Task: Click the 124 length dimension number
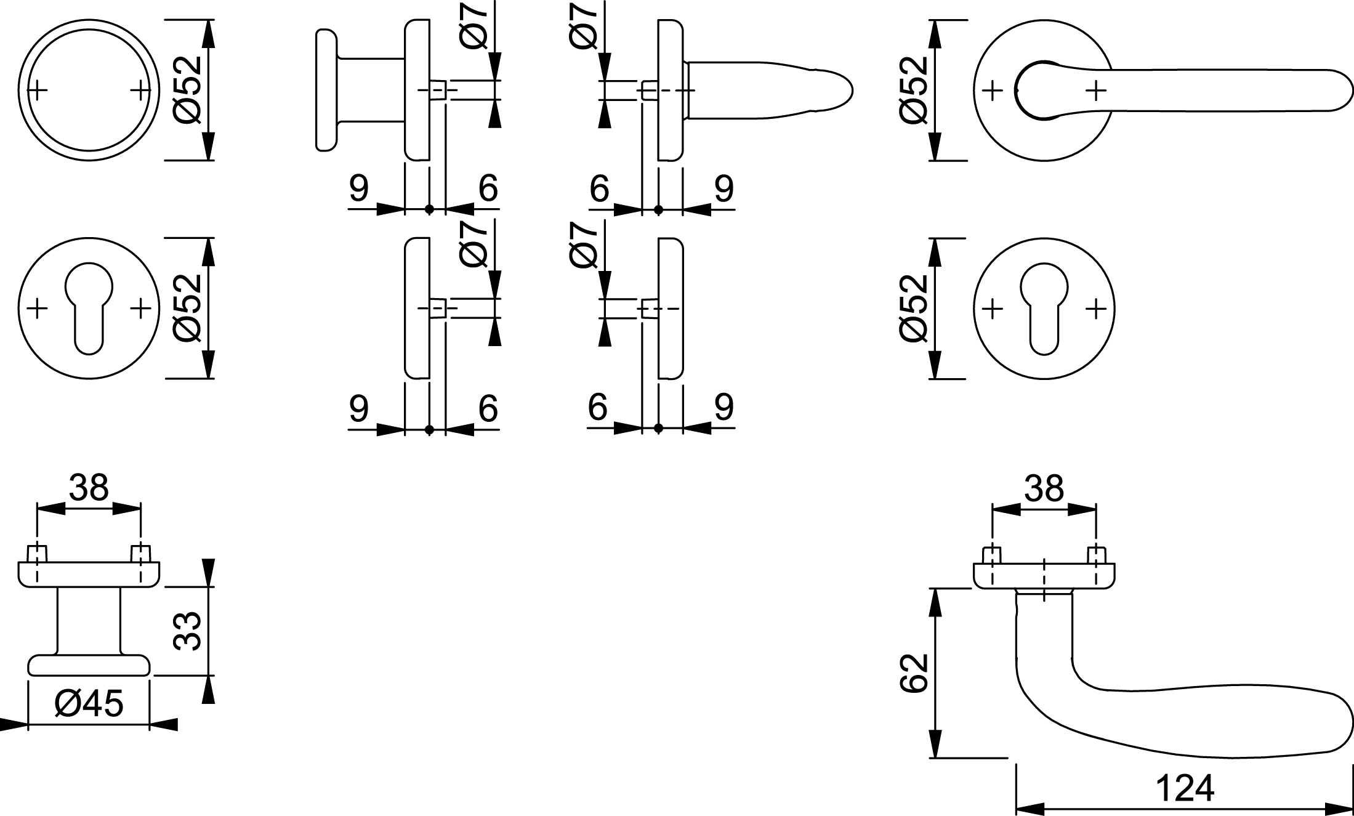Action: click(1185, 788)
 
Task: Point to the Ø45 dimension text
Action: click(89, 703)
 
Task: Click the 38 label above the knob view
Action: click(89, 488)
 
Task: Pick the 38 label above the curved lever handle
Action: click(1044, 488)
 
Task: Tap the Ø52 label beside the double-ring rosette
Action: click(187, 89)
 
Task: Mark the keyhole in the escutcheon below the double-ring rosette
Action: click(89, 308)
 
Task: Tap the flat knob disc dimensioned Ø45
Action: click(89, 665)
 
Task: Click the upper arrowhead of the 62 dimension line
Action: click(936, 601)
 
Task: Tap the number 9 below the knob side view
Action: click(359, 188)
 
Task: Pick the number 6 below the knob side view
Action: click(487, 188)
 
